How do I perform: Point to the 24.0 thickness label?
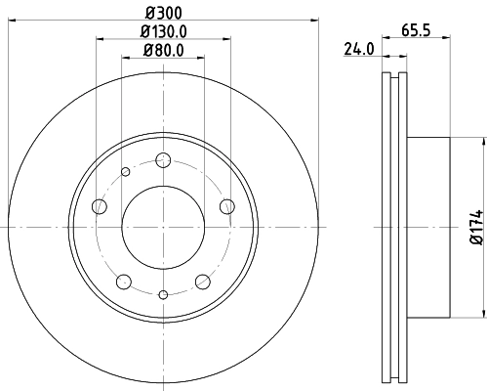358,49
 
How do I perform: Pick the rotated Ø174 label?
475,227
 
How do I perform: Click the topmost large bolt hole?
163,161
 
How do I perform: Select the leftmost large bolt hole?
99,206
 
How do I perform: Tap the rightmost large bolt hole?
227,205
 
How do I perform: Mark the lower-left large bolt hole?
123,282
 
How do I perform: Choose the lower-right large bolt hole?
203,282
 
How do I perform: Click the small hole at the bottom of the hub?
163,294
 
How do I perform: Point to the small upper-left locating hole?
125,173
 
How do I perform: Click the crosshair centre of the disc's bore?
163,228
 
